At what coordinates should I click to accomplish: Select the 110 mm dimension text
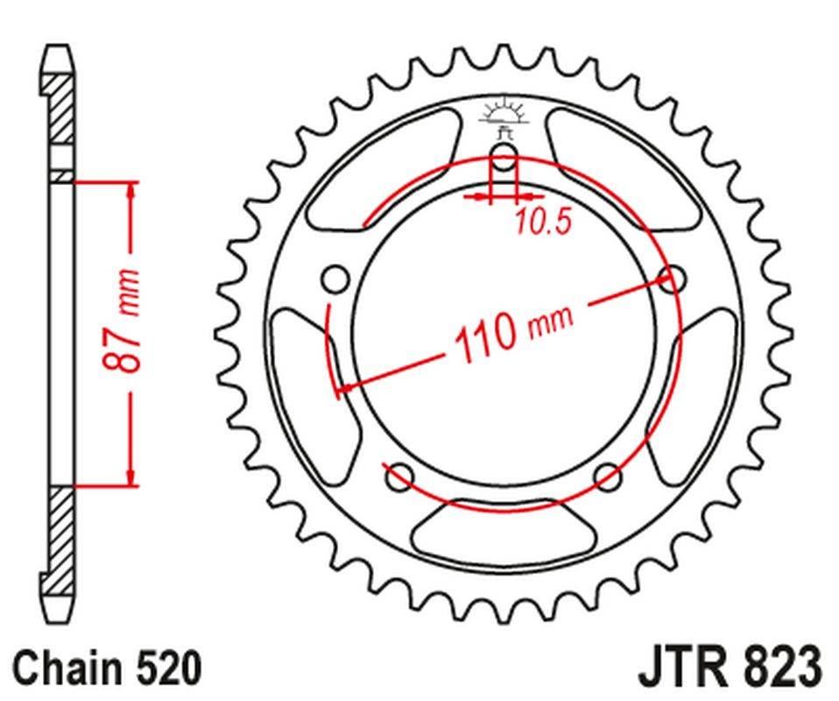click(511, 330)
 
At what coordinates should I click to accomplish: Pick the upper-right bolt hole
click(673, 280)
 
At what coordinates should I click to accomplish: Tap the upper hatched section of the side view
click(60, 110)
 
